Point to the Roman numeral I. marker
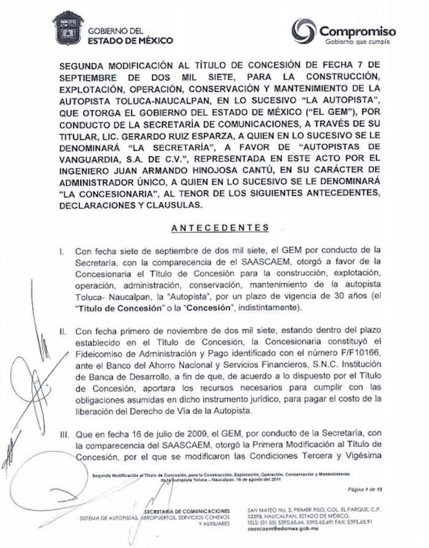click(78, 252)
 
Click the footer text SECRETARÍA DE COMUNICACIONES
click(186, 511)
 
